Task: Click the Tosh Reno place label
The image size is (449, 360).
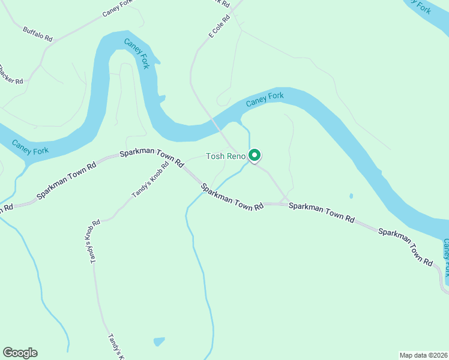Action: (x=226, y=157)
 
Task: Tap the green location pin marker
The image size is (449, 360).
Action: (x=254, y=155)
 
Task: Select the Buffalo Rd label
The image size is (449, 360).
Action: (x=38, y=34)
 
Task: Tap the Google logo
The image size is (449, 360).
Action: (x=20, y=353)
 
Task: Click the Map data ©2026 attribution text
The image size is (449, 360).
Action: (x=424, y=355)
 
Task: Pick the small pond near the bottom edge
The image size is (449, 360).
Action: (x=158, y=341)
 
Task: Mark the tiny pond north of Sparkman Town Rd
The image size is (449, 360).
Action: (x=351, y=196)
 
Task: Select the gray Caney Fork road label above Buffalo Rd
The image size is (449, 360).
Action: (x=116, y=6)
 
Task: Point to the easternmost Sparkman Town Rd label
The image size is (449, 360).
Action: (x=405, y=246)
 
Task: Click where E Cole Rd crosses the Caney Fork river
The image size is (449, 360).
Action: (x=215, y=124)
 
